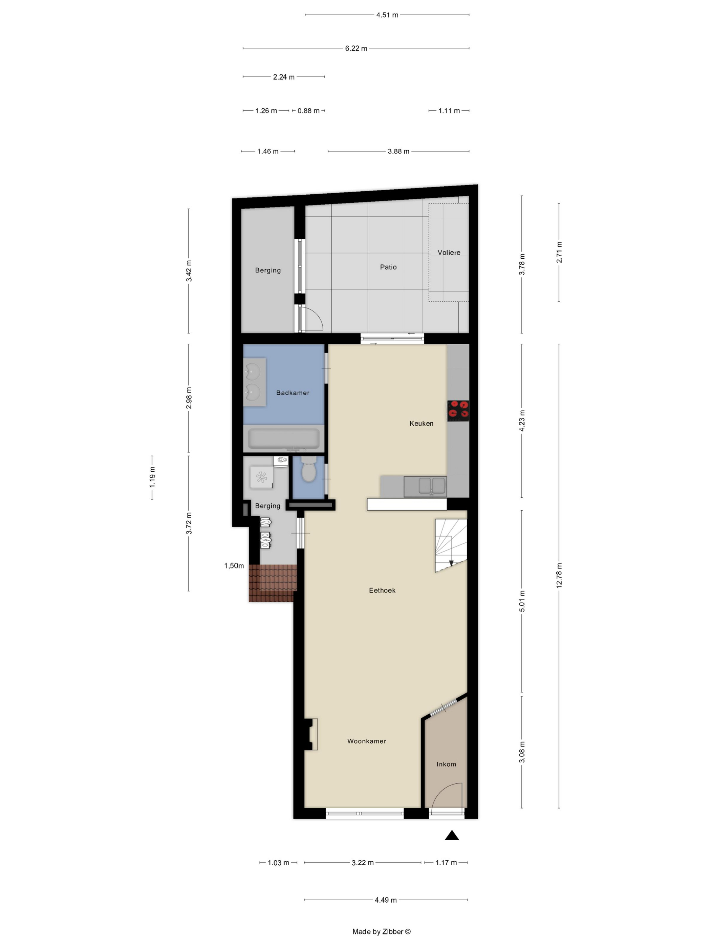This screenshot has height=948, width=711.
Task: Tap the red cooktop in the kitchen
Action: [458, 411]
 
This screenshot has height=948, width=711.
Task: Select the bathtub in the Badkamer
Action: [283, 438]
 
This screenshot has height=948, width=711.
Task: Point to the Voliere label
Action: [449, 253]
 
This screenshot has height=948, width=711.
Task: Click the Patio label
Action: [388, 267]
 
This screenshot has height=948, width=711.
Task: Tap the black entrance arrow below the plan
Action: [452, 835]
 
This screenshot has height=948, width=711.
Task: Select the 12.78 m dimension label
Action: [559, 576]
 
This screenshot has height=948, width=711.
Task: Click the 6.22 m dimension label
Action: [356, 48]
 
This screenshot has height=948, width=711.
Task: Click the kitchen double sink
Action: [425, 487]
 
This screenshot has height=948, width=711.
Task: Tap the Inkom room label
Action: [446, 764]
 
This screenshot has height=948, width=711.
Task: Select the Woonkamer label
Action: [366, 741]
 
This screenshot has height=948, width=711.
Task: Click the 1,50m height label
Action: [234, 566]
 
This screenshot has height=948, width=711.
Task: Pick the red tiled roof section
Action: [273, 583]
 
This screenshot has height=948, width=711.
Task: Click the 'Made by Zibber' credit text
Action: [381, 931]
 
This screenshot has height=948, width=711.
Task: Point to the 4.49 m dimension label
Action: [386, 900]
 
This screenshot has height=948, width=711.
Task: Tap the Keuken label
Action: [421, 424]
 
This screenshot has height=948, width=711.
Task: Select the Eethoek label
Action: [382, 590]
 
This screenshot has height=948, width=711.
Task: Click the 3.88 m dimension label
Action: [398, 151]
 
